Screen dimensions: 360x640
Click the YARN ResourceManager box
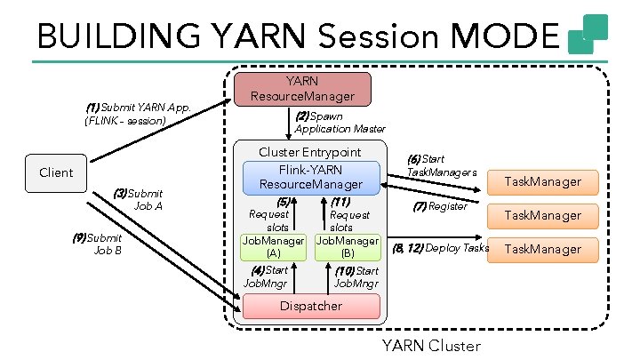tap(300, 88)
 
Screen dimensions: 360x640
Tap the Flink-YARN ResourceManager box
tap(311, 176)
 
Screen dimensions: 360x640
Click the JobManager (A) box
tap(274, 246)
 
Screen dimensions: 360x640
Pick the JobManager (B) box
tap(348, 246)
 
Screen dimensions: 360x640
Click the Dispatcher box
tap(310, 306)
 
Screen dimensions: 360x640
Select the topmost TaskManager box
tap(542, 182)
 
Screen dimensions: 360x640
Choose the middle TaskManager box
tap(542, 215)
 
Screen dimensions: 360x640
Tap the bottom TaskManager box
tap(542, 249)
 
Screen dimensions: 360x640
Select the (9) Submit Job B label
tap(97, 244)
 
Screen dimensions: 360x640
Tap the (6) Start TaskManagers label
tap(441, 165)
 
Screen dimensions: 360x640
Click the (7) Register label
tap(440, 206)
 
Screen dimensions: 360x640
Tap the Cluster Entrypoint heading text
tap(311, 152)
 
